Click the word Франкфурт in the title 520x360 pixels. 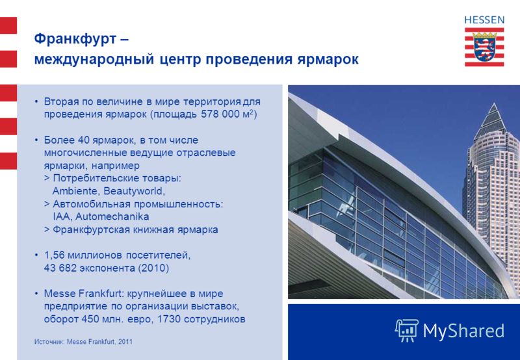pyautogui.click(x=75, y=39)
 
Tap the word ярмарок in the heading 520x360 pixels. pyautogui.click(x=328, y=60)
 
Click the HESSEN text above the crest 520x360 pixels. pyautogui.click(x=484, y=20)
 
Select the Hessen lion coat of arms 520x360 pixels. pyautogui.click(x=484, y=47)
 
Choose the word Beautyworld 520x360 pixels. pyautogui.click(x=133, y=192)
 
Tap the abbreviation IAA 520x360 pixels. pyautogui.click(x=61, y=217)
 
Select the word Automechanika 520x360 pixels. pyautogui.click(x=112, y=217)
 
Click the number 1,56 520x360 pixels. pyautogui.click(x=54, y=255)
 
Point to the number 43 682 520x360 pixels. pyautogui.click(x=60, y=268)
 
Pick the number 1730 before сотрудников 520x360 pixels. pyautogui.click(x=169, y=319)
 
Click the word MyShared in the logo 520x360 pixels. pyautogui.click(x=463, y=331)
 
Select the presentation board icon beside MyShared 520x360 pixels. pyautogui.click(x=407, y=330)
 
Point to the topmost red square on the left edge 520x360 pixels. pyautogui.click(x=8, y=25)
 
